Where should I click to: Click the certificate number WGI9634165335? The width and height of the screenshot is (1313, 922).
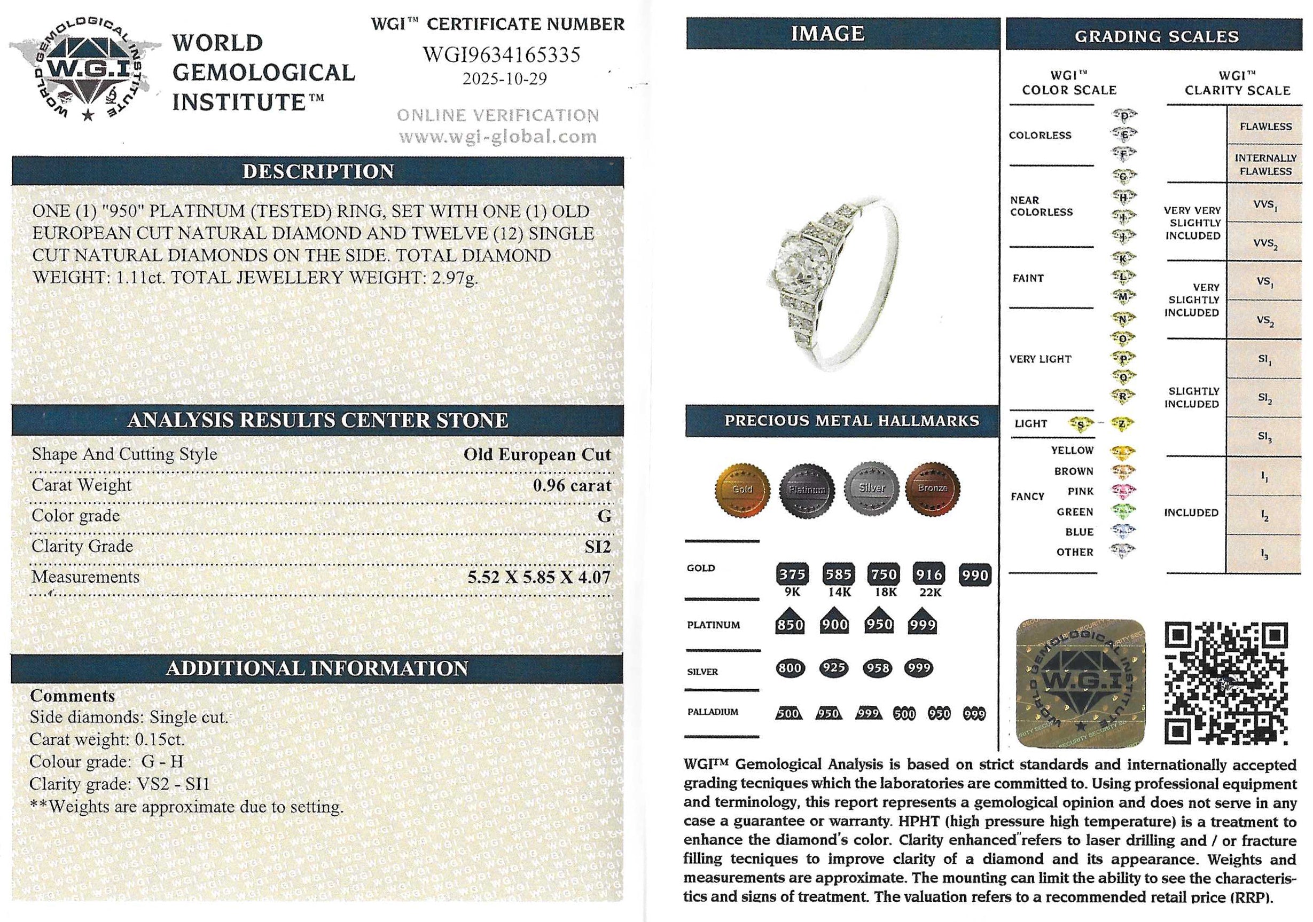502,55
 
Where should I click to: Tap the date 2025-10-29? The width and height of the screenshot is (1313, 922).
504,79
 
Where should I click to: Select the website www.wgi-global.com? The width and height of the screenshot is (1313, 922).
497,137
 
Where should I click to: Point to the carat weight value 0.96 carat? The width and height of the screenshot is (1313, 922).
572,486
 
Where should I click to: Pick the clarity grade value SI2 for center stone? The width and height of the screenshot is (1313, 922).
598,547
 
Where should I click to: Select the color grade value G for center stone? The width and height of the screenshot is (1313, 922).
605,516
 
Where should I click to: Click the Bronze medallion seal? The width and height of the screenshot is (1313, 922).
932,488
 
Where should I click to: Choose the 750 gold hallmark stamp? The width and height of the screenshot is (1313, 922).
884,574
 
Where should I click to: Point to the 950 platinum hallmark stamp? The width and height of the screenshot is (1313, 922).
878,624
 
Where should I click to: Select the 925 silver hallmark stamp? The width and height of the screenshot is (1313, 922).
834,668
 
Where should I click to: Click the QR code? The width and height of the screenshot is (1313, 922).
1225,684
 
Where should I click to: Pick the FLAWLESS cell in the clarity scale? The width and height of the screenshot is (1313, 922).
1265,127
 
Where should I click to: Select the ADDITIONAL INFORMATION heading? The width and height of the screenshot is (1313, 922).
317,668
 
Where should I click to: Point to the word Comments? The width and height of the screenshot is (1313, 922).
72,696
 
